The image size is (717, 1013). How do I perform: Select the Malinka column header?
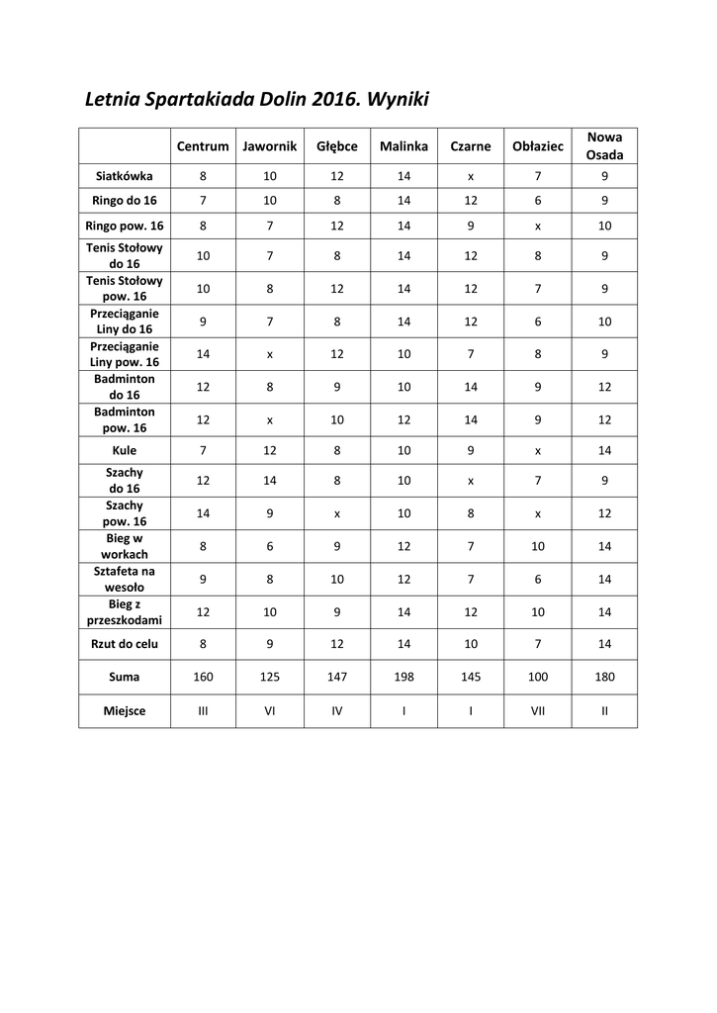click(x=403, y=146)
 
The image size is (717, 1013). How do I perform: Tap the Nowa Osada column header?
click(x=604, y=146)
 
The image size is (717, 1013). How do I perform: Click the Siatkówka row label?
click(x=125, y=176)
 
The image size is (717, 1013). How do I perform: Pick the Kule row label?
click(x=125, y=450)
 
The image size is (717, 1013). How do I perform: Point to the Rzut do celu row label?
click(x=125, y=643)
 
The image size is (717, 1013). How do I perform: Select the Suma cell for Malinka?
click(x=403, y=678)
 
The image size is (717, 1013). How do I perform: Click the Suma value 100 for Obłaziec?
click(x=538, y=678)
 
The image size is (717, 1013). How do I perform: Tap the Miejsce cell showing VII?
click(x=538, y=710)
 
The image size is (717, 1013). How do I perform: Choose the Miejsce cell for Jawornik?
click(x=269, y=710)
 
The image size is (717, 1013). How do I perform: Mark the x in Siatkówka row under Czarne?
click(x=471, y=176)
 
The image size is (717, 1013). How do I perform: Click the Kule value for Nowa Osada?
click(x=604, y=450)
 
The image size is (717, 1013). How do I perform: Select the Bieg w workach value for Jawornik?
click(x=269, y=546)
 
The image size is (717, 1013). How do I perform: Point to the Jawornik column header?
click(x=269, y=146)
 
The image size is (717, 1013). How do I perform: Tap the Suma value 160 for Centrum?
click(x=203, y=678)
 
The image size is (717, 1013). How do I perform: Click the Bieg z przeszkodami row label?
click(x=125, y=611)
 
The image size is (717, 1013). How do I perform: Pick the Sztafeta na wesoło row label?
click(x=125, y=579)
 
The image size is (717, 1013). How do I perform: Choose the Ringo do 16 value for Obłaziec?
click(x=538, y=201)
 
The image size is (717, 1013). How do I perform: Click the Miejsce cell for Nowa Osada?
click(x=604, y=710)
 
